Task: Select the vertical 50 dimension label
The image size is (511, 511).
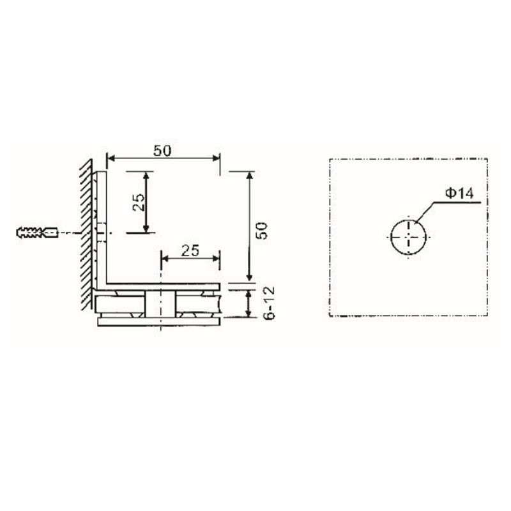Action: tap(261, 231)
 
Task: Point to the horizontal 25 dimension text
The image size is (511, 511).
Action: tap(190, 250)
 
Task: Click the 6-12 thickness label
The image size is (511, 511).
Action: tap(268, 303)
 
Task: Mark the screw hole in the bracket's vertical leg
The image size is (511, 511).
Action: tap(102, 233)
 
